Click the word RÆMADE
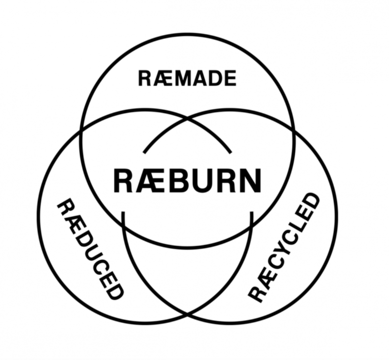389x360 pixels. tap(187, 78)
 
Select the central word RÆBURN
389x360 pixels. tap(187, 180)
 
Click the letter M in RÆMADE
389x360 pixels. tap(183, 78)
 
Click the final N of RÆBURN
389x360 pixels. tap(249, 180)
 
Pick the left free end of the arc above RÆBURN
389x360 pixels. tap(144, 152)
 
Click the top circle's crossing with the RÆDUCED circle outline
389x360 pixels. tap(82, 130)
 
